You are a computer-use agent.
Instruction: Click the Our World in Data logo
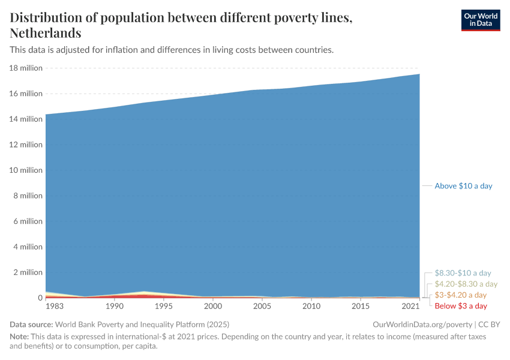pos(480,20)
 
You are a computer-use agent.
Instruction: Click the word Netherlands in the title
pos(46,33)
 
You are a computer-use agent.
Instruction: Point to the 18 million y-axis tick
pos(26,68)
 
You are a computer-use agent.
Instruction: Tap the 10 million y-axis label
pos(26,170)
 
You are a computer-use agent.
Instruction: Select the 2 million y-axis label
pos(28,272)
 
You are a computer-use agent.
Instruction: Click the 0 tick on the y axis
pos(40,298)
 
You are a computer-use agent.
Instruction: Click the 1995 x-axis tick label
pos(163,307)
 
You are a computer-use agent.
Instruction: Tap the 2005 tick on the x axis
pos(262,307)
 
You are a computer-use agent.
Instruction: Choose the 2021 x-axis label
pos(410,307)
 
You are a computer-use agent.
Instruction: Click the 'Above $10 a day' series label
pos(463,186)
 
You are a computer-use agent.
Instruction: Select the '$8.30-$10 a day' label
pos(463,273)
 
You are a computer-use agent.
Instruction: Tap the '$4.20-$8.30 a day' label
pos(466,284)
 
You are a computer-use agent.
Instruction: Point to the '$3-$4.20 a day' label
pos(460,295)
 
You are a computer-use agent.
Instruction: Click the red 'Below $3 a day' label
pos(460,306)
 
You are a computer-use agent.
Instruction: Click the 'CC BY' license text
pos(488,324)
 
